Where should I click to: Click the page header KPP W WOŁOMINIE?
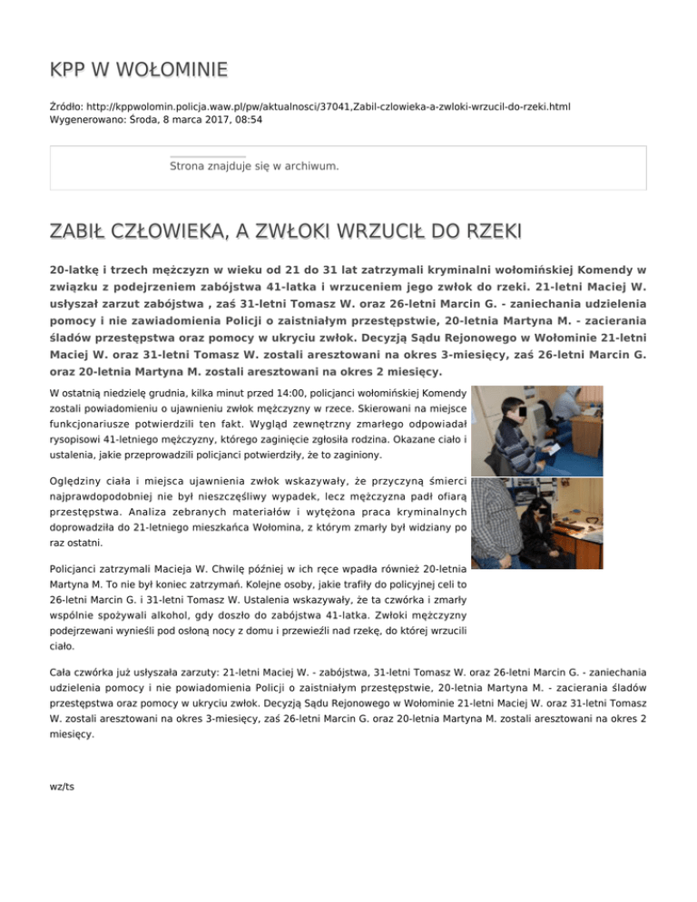click(x=138, y=70)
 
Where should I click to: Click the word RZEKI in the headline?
click(x=488, y=233)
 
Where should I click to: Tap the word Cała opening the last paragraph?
click(x=64, y=672)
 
